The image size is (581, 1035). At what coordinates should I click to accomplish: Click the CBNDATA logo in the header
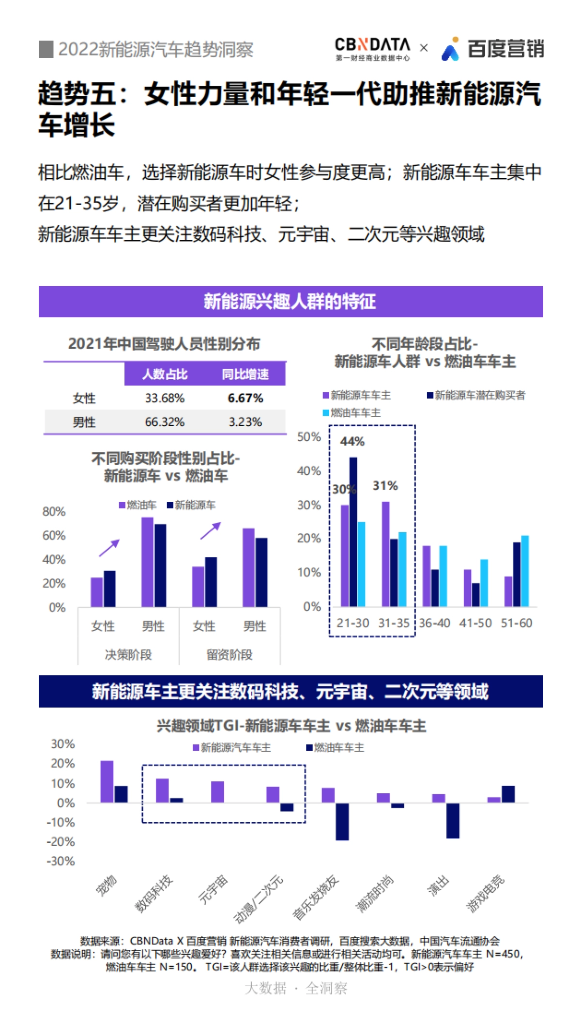tap(372, 48)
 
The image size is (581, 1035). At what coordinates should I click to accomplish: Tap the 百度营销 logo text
tap(505, 49)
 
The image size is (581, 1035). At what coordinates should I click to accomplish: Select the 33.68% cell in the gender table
tap(165, 398)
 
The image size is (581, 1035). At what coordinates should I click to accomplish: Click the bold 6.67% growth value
tap(245, 398)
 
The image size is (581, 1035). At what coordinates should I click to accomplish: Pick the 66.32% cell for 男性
tap(165, 422)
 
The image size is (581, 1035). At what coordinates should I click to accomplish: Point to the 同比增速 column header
tap(245, 374)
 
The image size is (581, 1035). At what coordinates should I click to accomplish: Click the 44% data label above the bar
tap(352, 441)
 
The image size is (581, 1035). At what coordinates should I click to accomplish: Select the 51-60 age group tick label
tap(516, 623)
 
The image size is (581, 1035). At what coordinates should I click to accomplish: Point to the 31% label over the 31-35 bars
tap(385, 485)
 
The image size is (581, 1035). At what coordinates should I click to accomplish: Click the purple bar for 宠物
tap(107, 781)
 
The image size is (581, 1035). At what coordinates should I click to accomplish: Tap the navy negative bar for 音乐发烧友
tap(342, 821)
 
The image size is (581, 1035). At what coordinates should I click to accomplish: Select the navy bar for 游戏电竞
tap(508, 794)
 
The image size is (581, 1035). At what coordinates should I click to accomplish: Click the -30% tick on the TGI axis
tap(61, 861)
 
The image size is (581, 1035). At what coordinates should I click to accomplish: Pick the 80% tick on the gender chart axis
tap(54, 511)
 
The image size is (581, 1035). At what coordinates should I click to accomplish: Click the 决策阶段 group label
tap(128, 654)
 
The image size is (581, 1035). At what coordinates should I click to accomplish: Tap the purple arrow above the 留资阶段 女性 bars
tap(211, 530)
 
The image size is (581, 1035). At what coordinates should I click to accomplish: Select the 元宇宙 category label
tap(213, 889)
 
